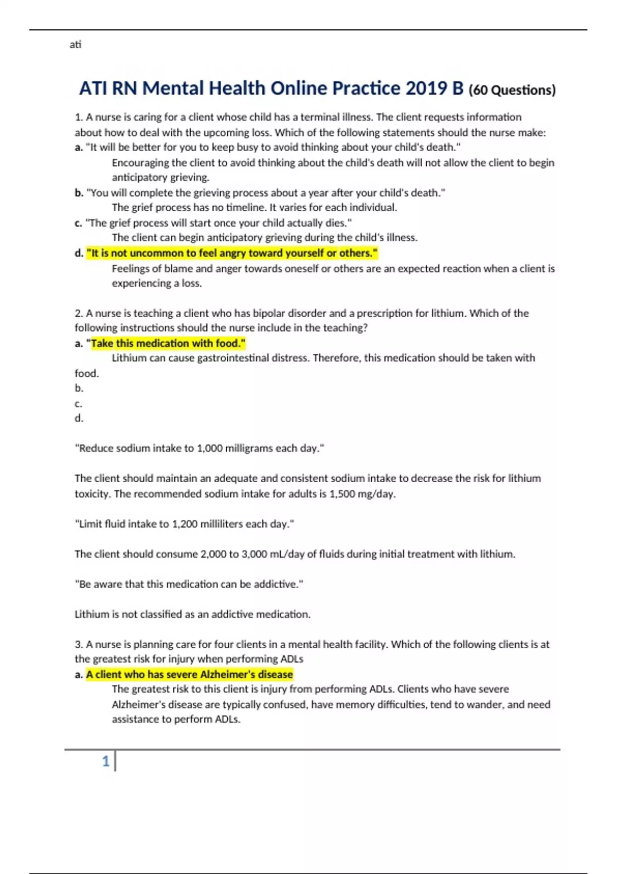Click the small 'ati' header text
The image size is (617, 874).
tap(75, 44)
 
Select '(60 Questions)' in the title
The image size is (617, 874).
tap(512, 90)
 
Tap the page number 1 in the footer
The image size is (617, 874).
tap(106, 761)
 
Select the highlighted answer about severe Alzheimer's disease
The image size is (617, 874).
tap(189, 674)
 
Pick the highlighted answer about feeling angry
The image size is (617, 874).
tap(232, 253)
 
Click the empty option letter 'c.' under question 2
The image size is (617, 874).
tap(79, 404)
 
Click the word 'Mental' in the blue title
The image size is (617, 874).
tap(173, 88)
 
